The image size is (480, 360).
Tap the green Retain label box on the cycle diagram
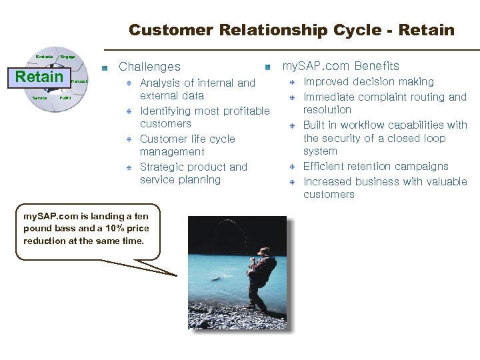point(39,77)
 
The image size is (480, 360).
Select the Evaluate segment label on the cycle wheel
point(44,57)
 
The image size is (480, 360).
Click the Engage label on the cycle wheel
point(67,57)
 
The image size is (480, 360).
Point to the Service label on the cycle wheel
point(40,98)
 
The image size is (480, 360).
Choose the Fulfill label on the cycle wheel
point(65,98)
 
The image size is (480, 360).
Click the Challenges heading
point(149,67)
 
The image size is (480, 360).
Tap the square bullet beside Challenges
point(105,67)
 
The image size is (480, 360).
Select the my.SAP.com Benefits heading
point(341,66)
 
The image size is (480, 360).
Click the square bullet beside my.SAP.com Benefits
point(267,67)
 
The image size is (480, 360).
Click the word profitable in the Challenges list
point(239,111)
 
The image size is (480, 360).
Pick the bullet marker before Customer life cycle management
point(131,139)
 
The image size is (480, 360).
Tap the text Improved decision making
point(369,82)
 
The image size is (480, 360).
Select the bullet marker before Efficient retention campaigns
point(292,167)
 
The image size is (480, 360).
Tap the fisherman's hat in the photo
point(264,251)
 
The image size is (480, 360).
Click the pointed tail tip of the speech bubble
point(177,275)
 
